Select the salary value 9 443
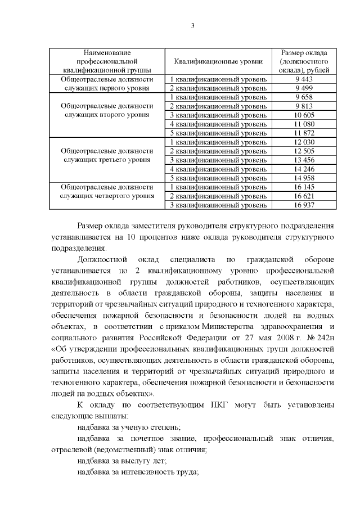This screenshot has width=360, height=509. [x=303, y=79]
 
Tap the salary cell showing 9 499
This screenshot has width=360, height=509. [x=303, y=88]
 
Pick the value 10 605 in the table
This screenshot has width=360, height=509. [x=303, y=115]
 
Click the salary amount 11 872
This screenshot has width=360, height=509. [x=303, y=133]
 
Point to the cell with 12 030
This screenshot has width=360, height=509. [x=303, y=142]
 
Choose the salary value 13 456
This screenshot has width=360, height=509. [x=303, y=160]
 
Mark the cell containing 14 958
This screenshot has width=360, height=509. [x=303, y=178]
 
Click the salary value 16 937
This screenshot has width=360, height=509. [x=303, y=205]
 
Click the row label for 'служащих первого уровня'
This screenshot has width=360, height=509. [x=107, y=88]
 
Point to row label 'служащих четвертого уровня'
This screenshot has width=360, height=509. [x=107, y=196]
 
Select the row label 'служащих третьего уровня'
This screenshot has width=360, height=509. [x=107, y=160]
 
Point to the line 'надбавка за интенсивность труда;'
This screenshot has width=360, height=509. [x=138, y=472]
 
